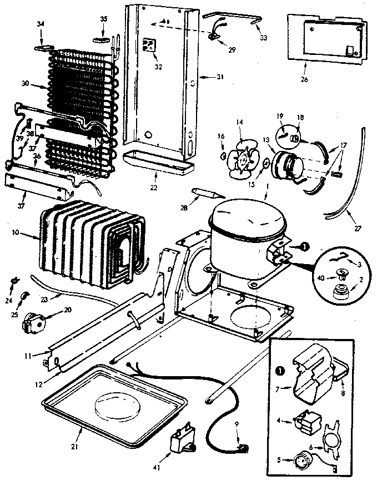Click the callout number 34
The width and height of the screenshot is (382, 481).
[x=40, y=23]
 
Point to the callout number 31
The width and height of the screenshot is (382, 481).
[x=220, y=77]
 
